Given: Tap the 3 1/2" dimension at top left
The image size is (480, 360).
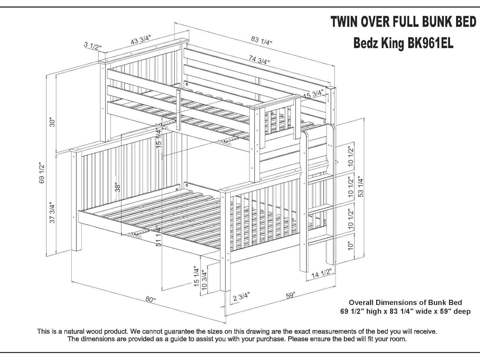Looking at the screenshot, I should pos(93,46).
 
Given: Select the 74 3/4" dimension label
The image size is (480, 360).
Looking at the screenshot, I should pos(260,60).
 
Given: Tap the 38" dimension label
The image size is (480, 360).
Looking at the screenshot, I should pos(118,188).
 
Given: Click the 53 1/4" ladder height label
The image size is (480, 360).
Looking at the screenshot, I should pos(361,187).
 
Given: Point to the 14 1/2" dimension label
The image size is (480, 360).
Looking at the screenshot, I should pos(321,274).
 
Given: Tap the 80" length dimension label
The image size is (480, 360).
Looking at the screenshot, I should pos(150,300).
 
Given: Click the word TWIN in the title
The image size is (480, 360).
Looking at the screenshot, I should pos(344,22).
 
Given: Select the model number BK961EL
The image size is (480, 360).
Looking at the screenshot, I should pos(430,44).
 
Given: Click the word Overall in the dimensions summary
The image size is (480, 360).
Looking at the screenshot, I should pos(361,302).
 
